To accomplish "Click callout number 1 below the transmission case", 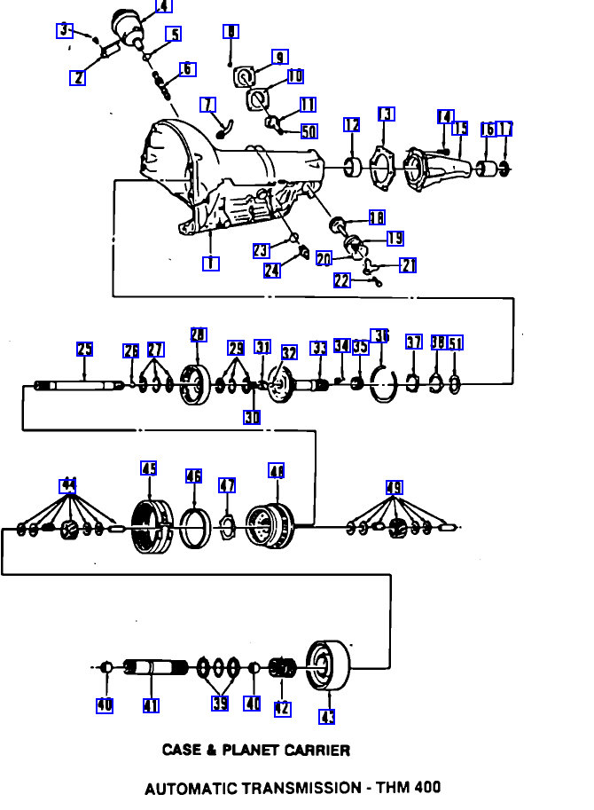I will click(210, 263).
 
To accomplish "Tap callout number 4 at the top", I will click(163, 6).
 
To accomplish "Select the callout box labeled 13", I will click(386, 114).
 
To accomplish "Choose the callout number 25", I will click(84, 350).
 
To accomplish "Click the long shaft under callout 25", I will click(80, 385).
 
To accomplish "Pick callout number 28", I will click(199, 334).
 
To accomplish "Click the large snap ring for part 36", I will click(383, 384).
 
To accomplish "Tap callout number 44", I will click(67, 485).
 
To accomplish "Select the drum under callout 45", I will click(151, 527).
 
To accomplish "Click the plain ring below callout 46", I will click(195, 529).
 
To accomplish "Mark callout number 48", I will click(276, 471).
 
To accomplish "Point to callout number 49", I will click(395, 487).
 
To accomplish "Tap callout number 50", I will click(309, 131).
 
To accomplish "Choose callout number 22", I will click(342, 280).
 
